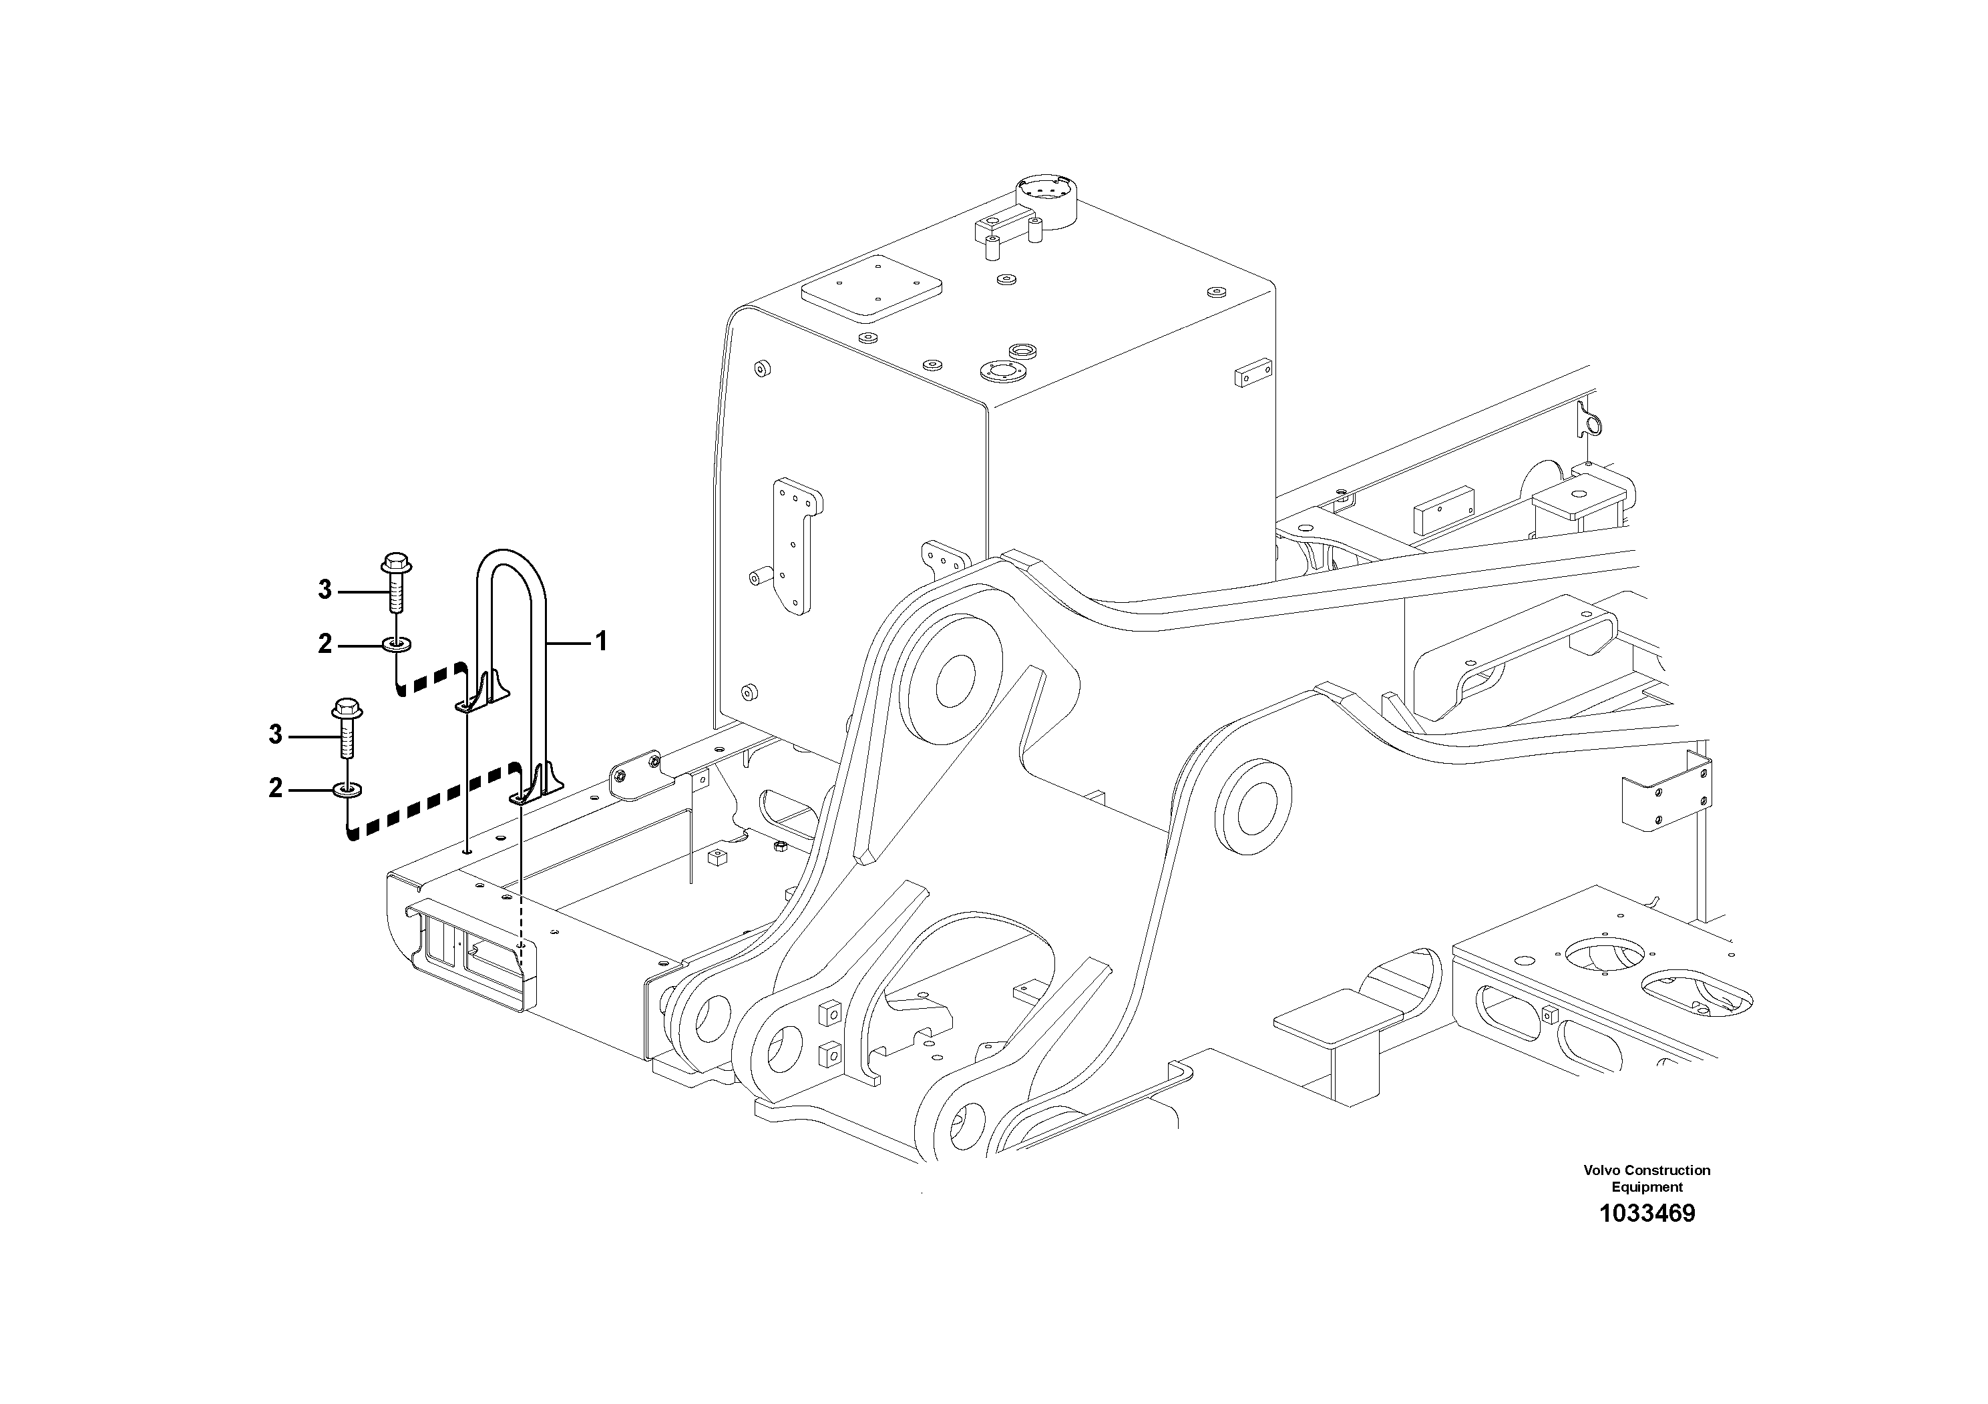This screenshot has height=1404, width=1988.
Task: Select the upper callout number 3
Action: (x=325, y=590)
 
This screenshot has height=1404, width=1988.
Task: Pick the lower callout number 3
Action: (x=275, y=735)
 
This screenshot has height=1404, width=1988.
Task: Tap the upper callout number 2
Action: (x=325, y=644)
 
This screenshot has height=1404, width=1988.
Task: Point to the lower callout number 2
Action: (x=275, y=788)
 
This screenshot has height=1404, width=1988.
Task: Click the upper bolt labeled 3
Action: (x=397, y=583)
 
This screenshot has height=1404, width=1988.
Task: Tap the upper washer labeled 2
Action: (x=397, y=644)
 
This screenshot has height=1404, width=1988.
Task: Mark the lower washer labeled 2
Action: (x=347, y=789)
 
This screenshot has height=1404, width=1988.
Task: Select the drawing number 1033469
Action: (x=1646, y=1214)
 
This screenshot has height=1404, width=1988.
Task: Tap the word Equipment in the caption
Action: (x=1647, y=1187)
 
